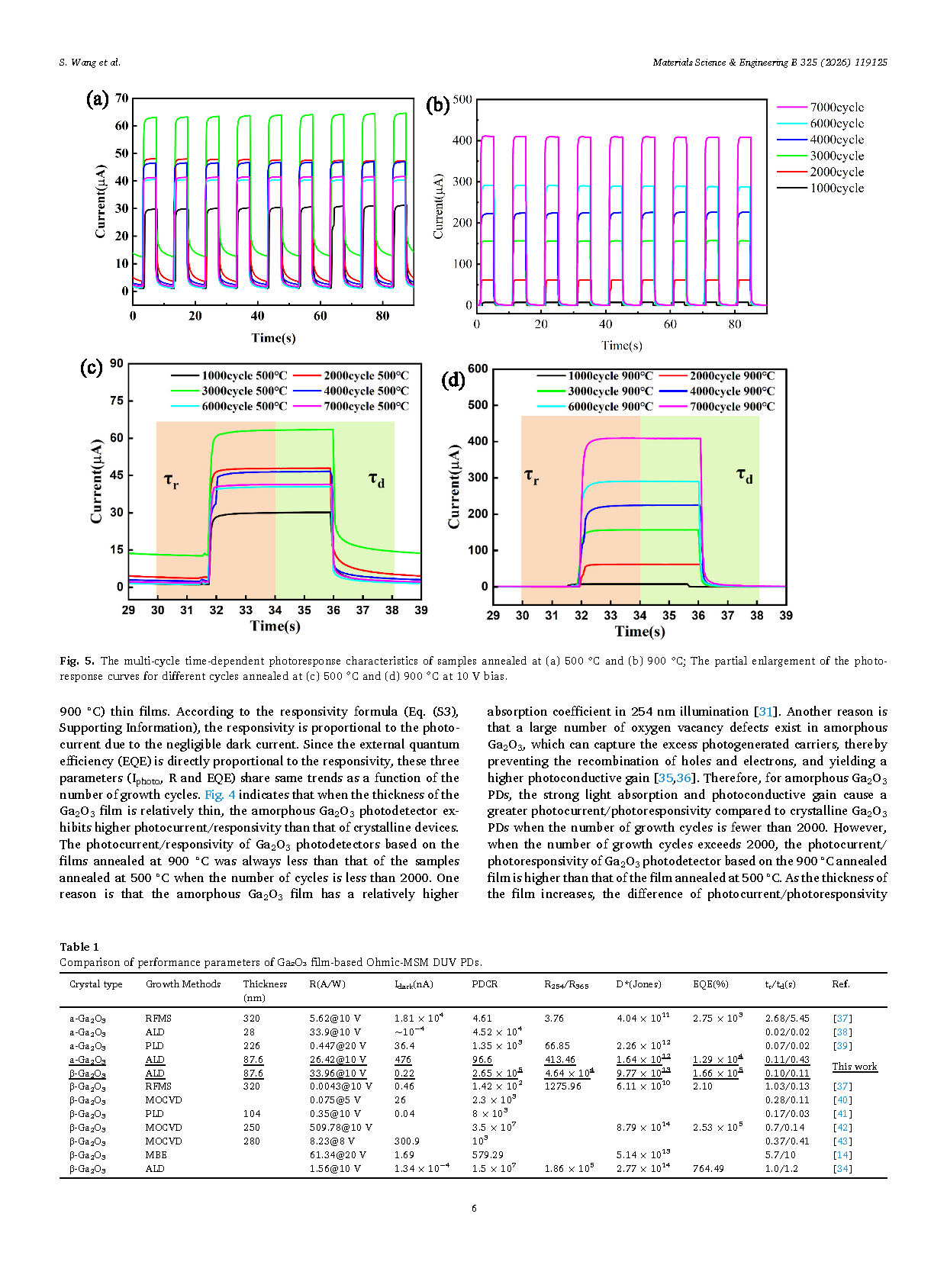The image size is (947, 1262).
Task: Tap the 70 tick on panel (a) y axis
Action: pyautogui.click(x=121, y=98)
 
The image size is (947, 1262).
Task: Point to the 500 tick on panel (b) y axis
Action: pyautogui.click(x=462, y=99)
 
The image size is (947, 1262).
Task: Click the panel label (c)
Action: pyautogui.click(x=92, y=368)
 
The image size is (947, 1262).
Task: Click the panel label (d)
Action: pyautogui.click(x=453, y=380)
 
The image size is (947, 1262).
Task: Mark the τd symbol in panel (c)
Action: pyautogui.click(x=376, y=479)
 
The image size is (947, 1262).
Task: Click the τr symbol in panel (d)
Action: pyautogui.click(x=532, y=476)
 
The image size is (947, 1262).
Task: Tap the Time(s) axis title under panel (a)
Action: pyautogui.click(x=273, y=338)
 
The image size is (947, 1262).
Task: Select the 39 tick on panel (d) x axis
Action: pyautogui.click(x=786, y=616)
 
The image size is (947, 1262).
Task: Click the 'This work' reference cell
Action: pyautogui.click(x=854, y=1067)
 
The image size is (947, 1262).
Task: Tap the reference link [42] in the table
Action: pyautogui.click(x=842, y=1128)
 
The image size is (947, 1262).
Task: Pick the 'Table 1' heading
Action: pyautogui.click(x=79, y=947)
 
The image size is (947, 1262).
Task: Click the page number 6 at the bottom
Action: pyautogui.click(x=474, y=1209)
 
